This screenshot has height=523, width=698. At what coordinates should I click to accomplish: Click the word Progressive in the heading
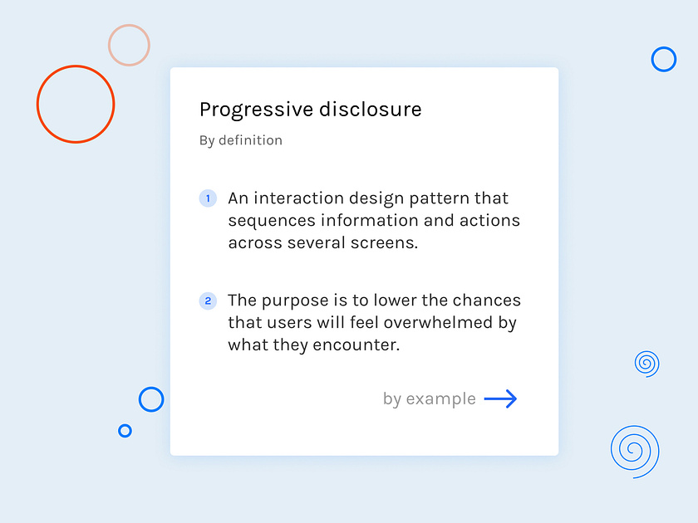tap(257, 110)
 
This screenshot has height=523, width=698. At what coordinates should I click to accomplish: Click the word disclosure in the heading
tap(371, 109)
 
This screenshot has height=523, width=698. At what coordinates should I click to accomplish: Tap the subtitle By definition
tap(241, 140)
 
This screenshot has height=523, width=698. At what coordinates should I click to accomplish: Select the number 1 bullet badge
tap(208, 198)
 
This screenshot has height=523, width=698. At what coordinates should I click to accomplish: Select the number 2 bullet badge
tap(208, 301)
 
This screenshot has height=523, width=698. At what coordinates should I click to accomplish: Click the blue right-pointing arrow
tap(500, 399)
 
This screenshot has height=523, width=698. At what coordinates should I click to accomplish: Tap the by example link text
tap(429, 399)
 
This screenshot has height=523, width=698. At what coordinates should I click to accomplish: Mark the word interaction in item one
tap(298, 198)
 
